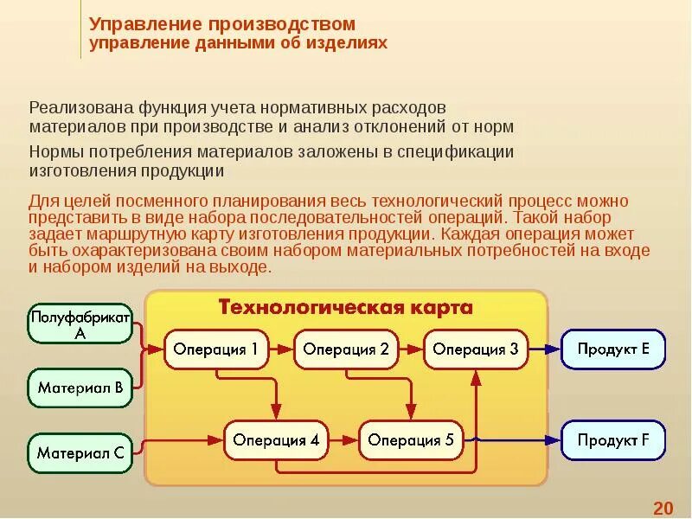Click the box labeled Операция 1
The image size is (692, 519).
point(215,349)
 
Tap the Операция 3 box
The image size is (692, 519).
point(475,349)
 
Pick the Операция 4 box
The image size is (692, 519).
point(276,440)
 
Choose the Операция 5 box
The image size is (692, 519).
point(411,440)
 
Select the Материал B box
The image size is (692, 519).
point(80,388)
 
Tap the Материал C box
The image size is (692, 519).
point(80,452)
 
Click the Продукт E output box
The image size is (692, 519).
point(614,349)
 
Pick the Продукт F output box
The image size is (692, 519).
point(614,440)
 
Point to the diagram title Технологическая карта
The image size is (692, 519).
point(345,308)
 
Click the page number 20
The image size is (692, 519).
point(663,508)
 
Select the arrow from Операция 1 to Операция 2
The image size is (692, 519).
point(280,349)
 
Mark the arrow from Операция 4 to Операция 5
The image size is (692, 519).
point(343,440)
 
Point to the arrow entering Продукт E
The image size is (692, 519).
point(544,349)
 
